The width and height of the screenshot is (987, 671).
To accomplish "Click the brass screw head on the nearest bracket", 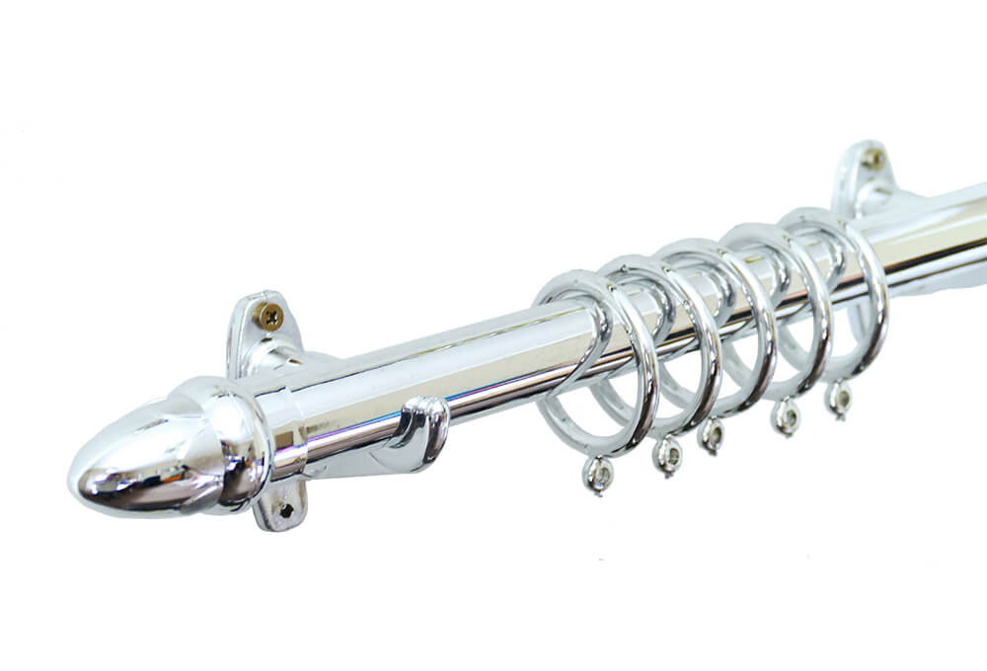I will coord(269,316).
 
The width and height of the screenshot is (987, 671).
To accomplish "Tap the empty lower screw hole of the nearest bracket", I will coord(285,510).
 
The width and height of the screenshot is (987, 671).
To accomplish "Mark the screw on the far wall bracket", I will coord(873,158).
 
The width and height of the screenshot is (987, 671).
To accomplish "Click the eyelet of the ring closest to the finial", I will coord(597,474).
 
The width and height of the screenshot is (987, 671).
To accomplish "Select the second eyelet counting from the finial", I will coord(667,454).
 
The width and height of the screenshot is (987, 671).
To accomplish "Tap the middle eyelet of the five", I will coord(711,434).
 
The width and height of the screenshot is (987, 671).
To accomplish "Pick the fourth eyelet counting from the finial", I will coord(787,416).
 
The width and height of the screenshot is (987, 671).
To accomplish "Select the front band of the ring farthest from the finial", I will coord(873,296).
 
